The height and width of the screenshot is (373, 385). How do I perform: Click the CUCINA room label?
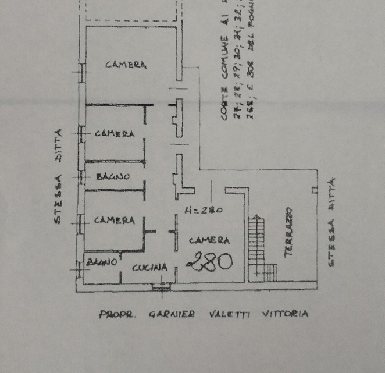click(150, 268)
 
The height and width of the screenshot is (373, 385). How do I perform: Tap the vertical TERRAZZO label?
click(289, 232)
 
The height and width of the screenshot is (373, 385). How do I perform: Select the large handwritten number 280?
click(210, 261)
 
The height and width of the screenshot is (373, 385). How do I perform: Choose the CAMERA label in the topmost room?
click(126, 65)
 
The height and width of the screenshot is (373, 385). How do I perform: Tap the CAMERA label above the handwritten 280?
click(209, 240)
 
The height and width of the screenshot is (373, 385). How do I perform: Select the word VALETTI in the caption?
click(227, 314)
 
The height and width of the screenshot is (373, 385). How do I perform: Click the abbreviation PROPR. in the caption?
click(118, 315)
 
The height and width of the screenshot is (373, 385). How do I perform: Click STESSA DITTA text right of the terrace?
click(333, 222)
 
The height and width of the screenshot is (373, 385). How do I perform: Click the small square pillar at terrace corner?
click(314, 190)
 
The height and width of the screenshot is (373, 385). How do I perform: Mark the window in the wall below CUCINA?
click(158, 286)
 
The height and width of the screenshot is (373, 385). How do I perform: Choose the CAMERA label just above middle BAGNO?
click(115, 134)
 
